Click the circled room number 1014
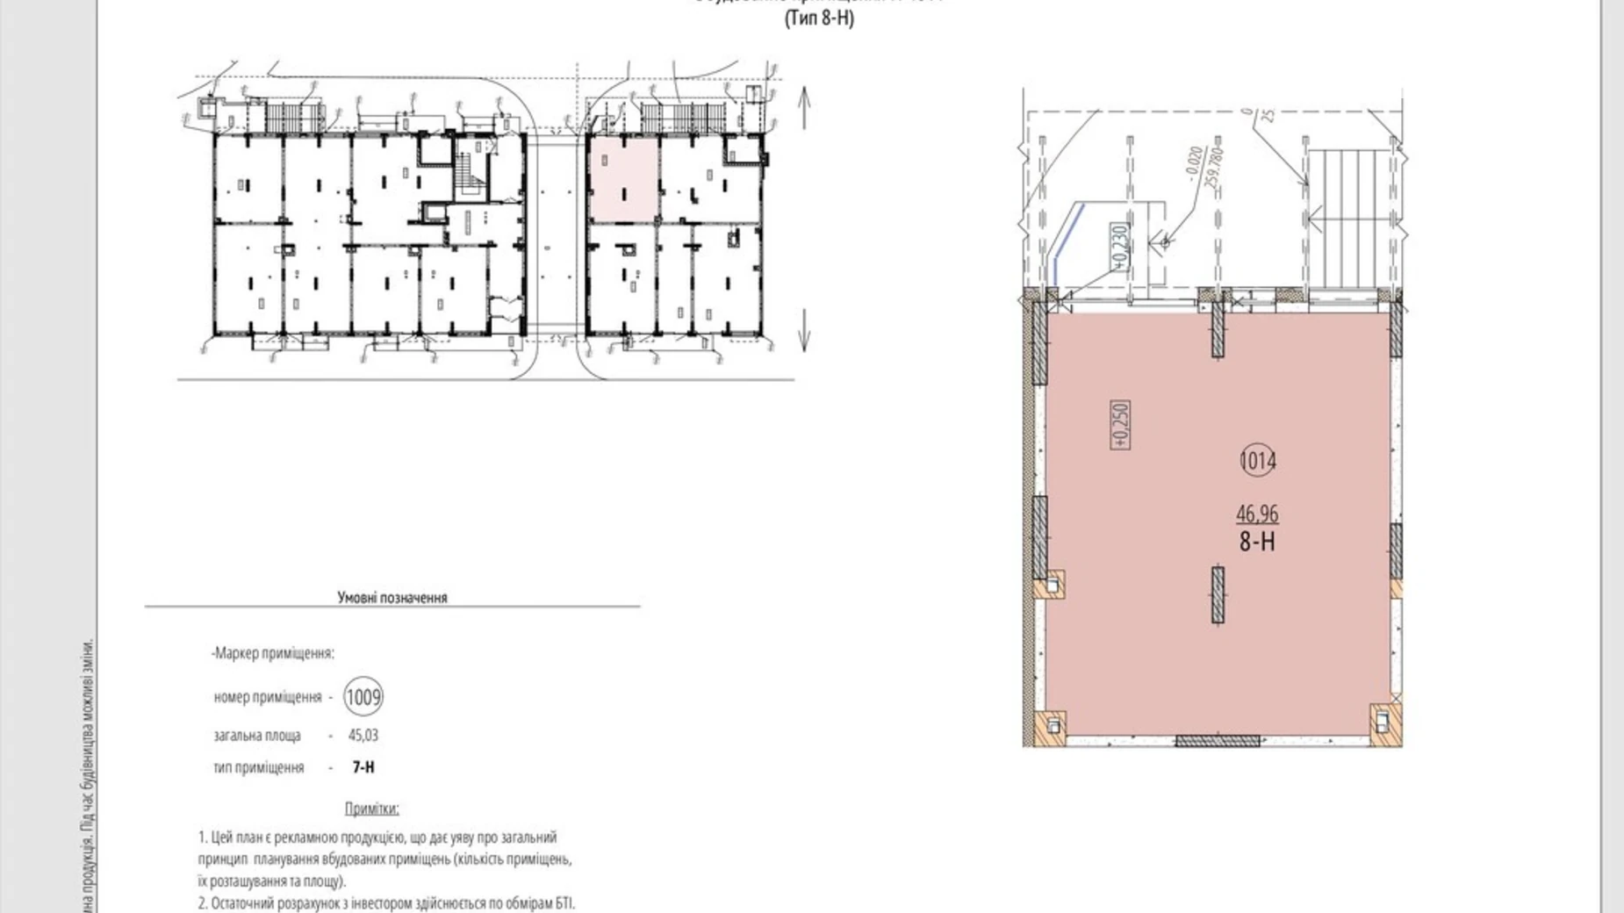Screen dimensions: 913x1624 coord(1257,460)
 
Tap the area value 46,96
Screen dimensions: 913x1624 coord(1257,514)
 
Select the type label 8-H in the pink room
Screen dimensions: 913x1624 coord(1257,542)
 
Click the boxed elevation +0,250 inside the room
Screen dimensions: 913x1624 coord(1120,425)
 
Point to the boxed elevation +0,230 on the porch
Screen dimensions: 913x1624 coord(1118,245)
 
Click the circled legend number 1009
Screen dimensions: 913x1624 coord(363,698)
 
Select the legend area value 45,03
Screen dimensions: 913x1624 coord(363,735)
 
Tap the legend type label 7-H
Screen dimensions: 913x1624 coord(363,767)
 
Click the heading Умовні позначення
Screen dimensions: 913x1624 coord(392,598)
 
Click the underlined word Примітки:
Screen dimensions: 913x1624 coord(371,809)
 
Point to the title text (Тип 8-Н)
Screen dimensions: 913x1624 coord(818,18)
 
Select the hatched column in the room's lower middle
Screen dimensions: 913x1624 coord(1218,594)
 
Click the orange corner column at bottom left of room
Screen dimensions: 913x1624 coord(1049,725)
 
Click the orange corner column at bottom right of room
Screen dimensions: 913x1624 coord(1384,723)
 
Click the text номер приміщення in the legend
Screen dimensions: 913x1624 coord(267,698)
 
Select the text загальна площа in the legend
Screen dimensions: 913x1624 coord(256,736)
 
